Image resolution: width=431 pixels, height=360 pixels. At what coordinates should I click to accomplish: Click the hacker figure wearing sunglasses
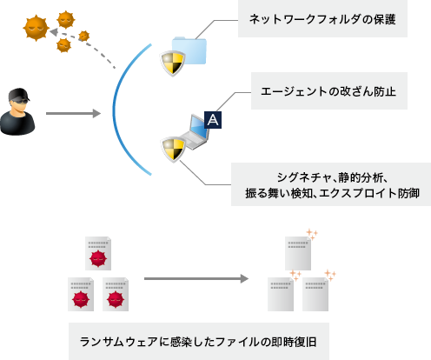(19, 111)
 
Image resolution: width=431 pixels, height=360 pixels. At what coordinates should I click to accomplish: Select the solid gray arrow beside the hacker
(74, 113)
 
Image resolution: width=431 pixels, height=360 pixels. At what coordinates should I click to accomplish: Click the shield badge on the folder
(171, 63)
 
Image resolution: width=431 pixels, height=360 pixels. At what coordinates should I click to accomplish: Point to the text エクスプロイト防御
(377, 194)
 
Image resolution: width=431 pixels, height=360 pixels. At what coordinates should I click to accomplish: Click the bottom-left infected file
(81, 295)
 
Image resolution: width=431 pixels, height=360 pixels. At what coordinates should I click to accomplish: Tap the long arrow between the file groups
(191, 280)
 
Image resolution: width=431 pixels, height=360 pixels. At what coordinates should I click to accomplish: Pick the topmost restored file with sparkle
(298, 250)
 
